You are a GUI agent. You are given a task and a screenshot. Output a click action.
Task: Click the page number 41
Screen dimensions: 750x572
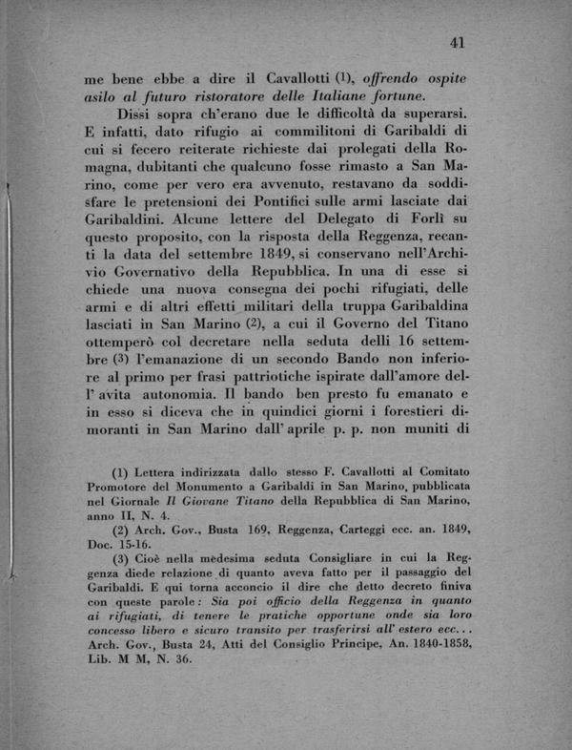click(456, 42)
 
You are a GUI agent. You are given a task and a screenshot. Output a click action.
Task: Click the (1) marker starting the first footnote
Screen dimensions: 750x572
click(121, 472)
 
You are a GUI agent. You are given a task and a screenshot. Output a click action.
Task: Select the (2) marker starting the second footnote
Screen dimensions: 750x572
click(121, 531)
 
